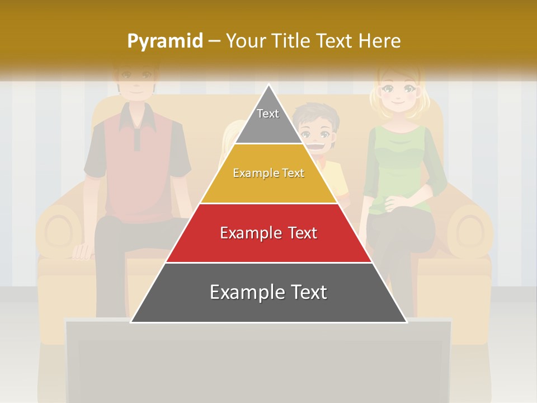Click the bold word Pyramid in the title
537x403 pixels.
coord(164,41)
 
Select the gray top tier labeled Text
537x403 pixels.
coord(268,120)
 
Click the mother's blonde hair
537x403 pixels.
coord(425,95)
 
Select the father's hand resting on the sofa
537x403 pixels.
coord(83,250)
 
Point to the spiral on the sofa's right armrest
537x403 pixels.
coord(469,230)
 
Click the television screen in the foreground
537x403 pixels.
coord(257,364)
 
